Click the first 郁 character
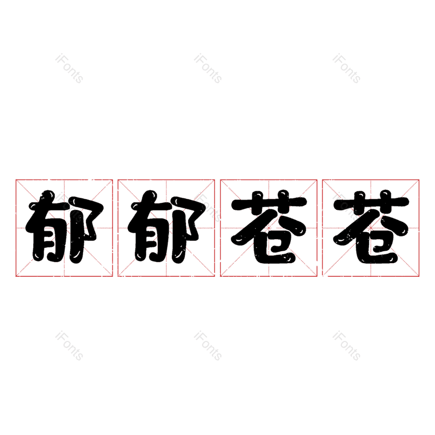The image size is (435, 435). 64,227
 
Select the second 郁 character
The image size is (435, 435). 166,227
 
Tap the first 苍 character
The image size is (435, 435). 269,227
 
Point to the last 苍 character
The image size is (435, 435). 371,227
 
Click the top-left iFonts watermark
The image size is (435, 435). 69,69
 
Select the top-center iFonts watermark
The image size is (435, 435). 208,69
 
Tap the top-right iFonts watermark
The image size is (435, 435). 346,69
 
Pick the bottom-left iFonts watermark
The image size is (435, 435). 69,346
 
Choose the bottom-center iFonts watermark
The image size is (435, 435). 208,346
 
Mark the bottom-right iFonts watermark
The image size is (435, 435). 346,346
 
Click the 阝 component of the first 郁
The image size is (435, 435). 87,226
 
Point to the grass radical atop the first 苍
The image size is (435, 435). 269,204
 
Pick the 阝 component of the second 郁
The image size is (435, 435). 189,226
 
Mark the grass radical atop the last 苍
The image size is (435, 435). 371,204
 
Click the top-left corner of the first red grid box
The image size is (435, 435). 16,179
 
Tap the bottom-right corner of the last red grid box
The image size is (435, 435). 419,276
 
